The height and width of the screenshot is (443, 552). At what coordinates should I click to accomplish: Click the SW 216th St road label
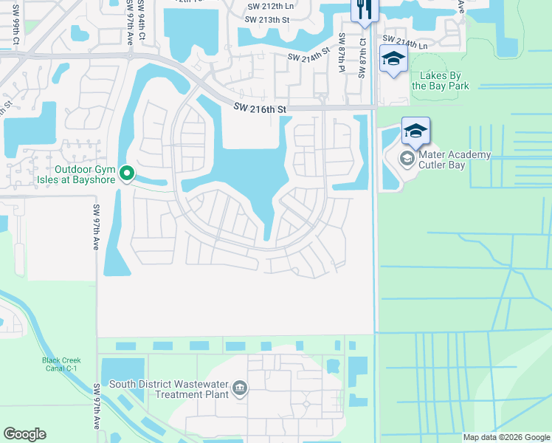[259, 109]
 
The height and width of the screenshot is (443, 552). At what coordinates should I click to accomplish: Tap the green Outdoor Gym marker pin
[127, 174]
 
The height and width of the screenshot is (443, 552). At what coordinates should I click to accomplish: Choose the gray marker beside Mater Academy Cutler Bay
[406, 159]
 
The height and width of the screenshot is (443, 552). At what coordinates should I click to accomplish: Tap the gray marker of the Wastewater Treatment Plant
[239, 388]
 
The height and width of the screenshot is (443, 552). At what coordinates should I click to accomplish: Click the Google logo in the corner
[24, 434]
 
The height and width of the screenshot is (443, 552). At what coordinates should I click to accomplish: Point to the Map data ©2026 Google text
[506, 437]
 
